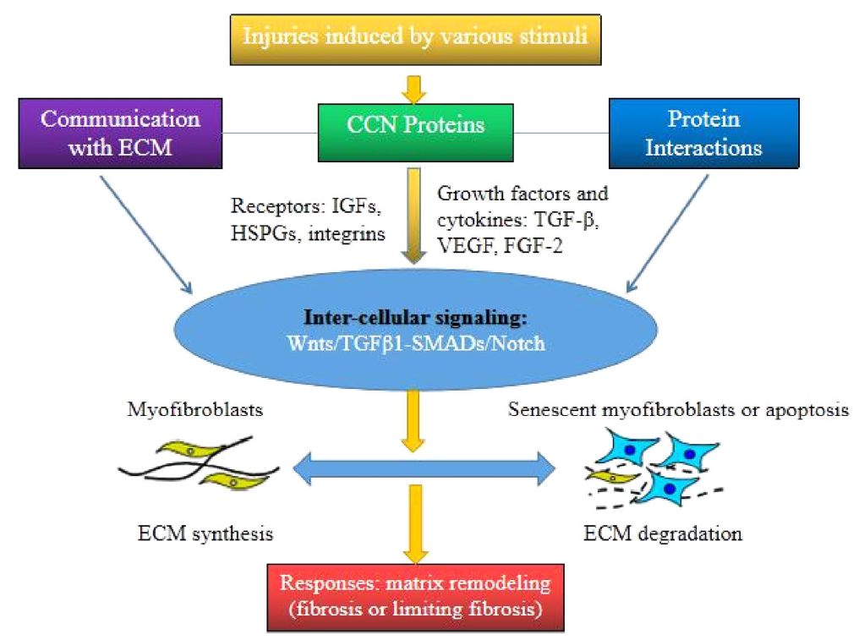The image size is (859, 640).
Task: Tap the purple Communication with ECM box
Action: pyautogui.click(x=120, y=133)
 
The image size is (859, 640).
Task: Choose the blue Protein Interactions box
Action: pyautogui.click(x=703, y=133)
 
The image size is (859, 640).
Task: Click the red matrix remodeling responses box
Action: pyautogui.click(x=415, y=597)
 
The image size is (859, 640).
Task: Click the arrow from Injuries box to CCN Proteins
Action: pyautogui.click(x=414, y=86)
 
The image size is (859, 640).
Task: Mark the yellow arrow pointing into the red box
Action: pyautogui.click(x=414, y=524)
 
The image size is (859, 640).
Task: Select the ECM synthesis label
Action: pyautogui.click(x=205, y=534)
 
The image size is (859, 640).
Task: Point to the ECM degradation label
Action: pyautogui.click(x=664, y=534)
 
